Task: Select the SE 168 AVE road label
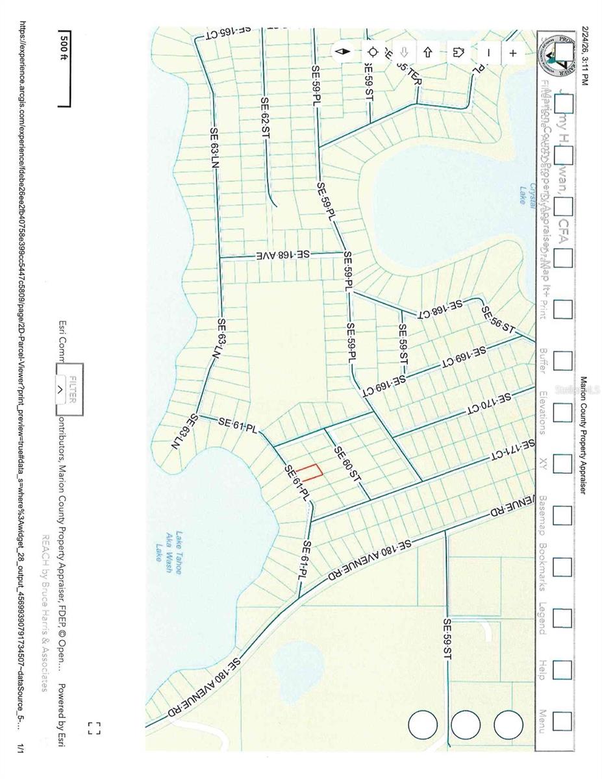(285, 255)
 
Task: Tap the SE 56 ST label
(498, 321)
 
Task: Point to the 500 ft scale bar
(64, 68)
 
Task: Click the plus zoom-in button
(513, 53)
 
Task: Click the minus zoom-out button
(488, 53)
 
